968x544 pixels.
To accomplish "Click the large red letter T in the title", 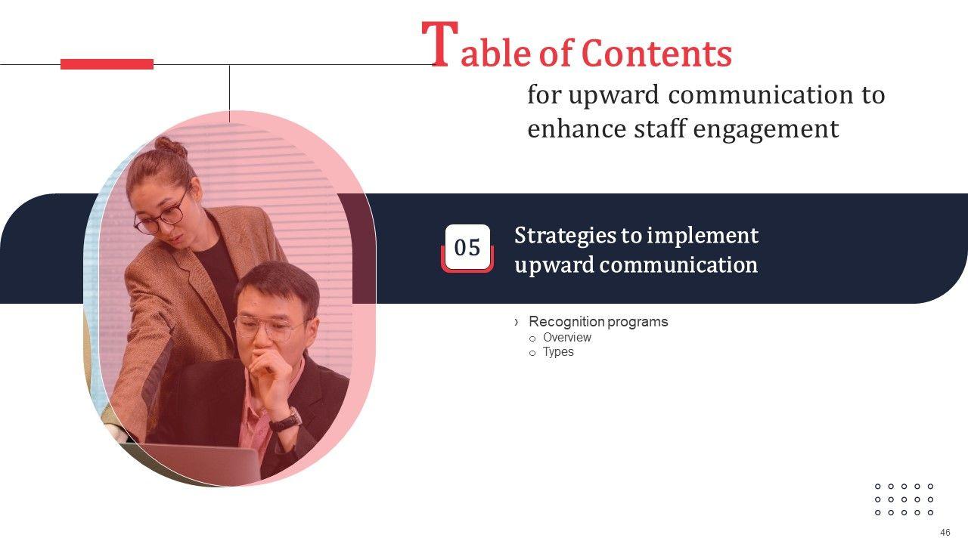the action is click(440, 44).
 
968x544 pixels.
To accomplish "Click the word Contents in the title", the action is click(657, 53).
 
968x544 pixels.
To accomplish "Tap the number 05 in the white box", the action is click(467, 248).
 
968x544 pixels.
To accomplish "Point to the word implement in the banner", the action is click(703, 236).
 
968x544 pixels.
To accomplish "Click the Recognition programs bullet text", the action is click(598, 322).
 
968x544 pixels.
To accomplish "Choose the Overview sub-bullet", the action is click(567, 337).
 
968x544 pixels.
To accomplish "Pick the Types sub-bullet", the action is click(558, 352).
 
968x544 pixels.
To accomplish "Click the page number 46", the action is click(945, 533).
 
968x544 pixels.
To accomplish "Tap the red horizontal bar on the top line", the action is click(107, 64).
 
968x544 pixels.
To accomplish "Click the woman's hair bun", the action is click(171, 147).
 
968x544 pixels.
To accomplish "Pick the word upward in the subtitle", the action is click(613, 96).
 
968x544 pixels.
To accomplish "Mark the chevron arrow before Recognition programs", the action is click(517, 322).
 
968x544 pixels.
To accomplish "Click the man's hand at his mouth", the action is click(270, 371).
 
